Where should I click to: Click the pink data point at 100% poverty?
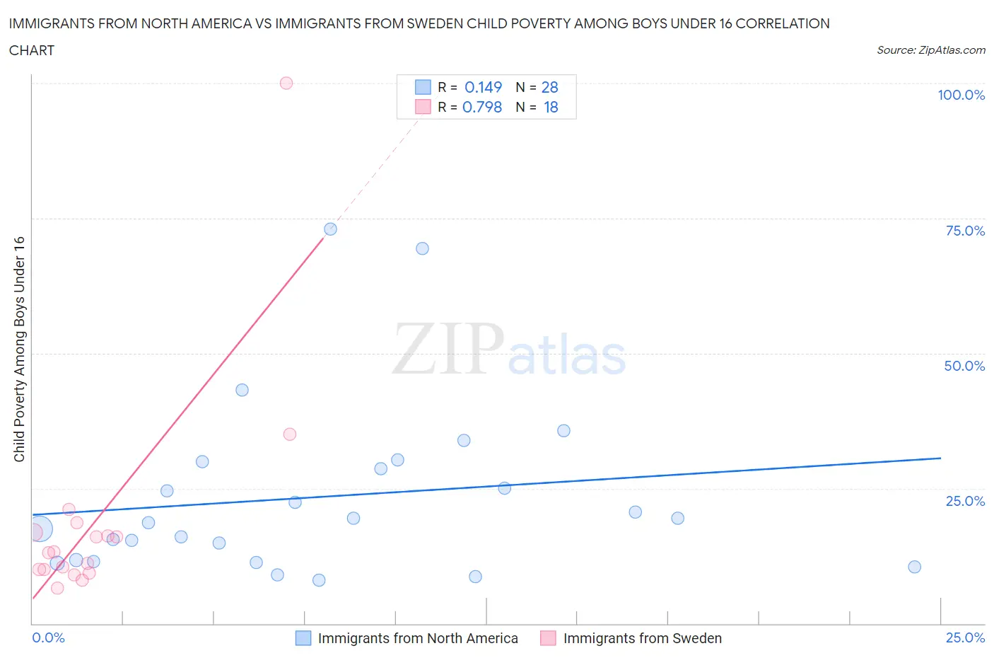pos(286,83)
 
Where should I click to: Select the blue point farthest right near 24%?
pos(914,567)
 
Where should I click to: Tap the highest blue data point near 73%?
pos(330,229)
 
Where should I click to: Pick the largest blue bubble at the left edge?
pos(40,529)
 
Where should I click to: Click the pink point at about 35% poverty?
pos(290,434)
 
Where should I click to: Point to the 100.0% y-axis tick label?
pos(961,95)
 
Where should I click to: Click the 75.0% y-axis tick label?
pos(965,231)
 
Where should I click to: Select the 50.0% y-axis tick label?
pos(964,366)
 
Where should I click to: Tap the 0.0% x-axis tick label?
pos(49,637)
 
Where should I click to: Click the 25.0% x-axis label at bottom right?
pos(965,637)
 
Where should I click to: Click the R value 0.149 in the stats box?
pos(483,87)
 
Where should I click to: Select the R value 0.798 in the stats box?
pos(482,107)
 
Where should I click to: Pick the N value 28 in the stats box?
pos(549,87)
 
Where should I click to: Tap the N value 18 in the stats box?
pos(551,107)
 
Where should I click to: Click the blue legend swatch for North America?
pos(303,638)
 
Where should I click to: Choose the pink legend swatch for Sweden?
pos(548,638)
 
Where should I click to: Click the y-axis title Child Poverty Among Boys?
pos(19,349)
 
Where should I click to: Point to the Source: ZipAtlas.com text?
pos(930,50)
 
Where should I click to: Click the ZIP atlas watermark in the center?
pos(509,349)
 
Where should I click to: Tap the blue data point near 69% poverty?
pos(422,248)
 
